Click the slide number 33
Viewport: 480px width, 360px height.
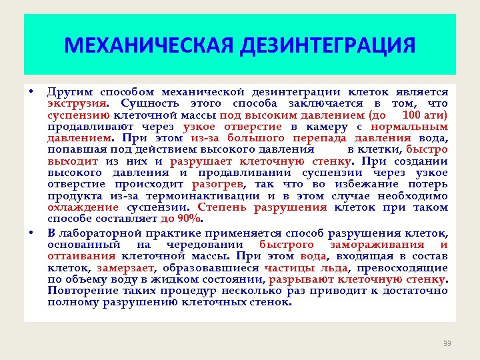pos(447,343)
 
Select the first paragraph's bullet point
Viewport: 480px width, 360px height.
pos(31,91)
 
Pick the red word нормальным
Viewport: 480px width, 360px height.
pos(409,127)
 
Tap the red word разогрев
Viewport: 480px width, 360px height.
pos(217,183)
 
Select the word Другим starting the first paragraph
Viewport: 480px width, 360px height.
pos(70,92)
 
